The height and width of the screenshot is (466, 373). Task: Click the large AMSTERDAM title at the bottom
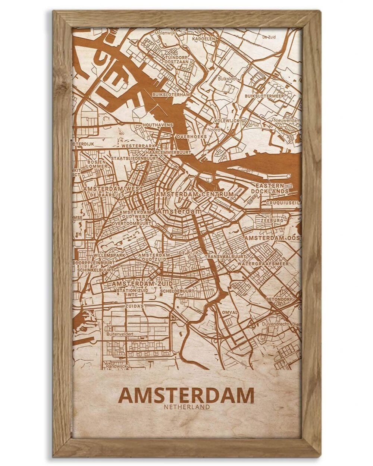click(186, 396)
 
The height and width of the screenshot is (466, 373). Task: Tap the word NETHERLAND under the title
click(186, 407)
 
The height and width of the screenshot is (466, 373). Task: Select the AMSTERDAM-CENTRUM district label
click(195, 195)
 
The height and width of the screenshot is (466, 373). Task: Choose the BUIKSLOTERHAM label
click(171, 95)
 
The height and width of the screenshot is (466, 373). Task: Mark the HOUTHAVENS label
click(157, 125)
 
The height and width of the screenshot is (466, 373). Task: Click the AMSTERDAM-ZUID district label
click(137, 284)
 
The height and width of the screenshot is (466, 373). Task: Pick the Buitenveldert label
click(120, 334)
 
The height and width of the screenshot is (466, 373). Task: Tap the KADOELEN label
click(204, 38)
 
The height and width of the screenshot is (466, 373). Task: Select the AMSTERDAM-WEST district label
click(113, 189)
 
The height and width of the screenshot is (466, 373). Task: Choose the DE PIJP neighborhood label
click(187, 253)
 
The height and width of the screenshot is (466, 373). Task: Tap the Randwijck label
click(117, 366)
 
